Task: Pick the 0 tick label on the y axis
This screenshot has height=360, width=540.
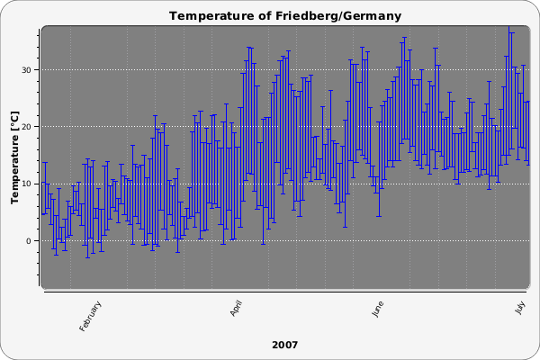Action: pyautogui.click(x=31, y=241)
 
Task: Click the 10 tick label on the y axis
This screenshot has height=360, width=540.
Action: pyautogui.click(x=29, y=184)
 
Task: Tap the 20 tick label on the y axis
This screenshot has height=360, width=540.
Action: pyautogui.click(x=29, y=127)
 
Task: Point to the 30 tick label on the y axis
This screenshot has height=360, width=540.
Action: pyautogui.click(x=29, y=70)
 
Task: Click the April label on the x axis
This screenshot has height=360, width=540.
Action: pyautogui.click(x=237, y=308)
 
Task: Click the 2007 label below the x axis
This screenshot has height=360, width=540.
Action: pyautogui.click(x=284, y=345)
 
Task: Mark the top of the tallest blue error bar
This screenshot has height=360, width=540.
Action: pyautogui.click(x=511, y=32)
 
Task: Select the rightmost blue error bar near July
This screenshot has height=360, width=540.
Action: pyautogui.click(x=527, y=131)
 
